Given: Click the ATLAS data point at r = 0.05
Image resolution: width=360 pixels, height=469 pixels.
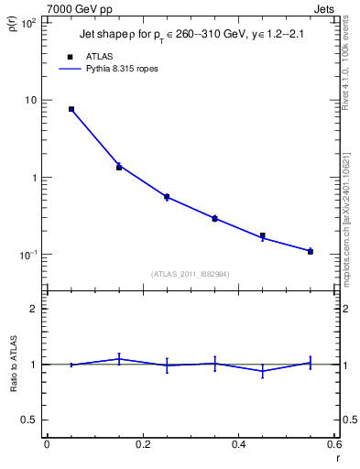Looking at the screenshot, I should pos(71,109).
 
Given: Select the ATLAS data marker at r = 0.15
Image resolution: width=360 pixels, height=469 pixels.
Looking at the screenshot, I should pos(119,168).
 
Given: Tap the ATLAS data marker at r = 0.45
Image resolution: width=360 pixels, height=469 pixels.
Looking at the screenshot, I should pos(262,235).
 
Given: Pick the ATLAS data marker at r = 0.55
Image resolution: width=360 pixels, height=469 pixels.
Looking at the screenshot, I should pos(311,251).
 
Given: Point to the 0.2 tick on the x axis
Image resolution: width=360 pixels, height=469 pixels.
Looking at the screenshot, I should pos(142,444).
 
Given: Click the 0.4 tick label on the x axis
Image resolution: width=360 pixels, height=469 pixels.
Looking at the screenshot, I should pos(238,444).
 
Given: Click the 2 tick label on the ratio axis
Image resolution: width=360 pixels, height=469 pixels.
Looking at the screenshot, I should pos(35,309).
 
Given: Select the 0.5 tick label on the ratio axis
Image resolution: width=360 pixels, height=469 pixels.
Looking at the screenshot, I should pos(31,420).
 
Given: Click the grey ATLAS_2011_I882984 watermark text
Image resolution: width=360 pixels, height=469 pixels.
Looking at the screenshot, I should pos(191,273).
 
